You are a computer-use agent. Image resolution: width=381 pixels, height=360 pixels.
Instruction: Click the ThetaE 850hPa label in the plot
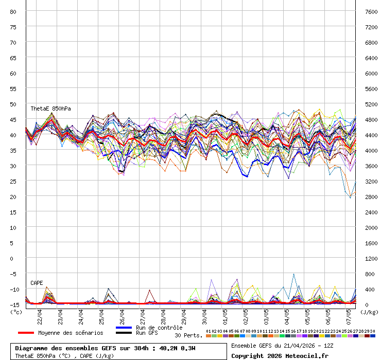click(50, 109)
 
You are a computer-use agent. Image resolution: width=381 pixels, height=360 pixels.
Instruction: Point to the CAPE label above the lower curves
click(37, 283)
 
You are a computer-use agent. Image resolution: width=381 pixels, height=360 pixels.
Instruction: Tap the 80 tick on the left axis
click(14, 11)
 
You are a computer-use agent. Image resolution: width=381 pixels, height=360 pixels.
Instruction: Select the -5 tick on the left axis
click(14, 274)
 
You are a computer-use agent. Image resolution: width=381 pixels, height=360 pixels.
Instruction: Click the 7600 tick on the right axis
click(372, 11)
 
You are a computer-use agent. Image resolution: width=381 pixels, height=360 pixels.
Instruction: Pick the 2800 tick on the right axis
click(372, 196)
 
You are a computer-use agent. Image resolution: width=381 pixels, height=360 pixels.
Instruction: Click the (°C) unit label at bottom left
click(16, 312)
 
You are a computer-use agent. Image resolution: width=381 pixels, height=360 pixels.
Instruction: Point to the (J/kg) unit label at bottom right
click(369, 312)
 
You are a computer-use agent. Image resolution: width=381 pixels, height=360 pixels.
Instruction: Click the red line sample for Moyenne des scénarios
click(26, 333)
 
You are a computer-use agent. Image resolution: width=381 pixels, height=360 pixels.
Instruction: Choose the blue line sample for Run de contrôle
click(124, 328)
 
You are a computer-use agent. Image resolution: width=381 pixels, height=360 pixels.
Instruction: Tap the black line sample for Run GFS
click(124, 333)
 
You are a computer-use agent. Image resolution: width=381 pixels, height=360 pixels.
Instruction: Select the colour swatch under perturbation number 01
click(209, 335)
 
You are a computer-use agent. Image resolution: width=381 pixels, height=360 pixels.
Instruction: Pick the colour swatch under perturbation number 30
click(373, 335)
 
